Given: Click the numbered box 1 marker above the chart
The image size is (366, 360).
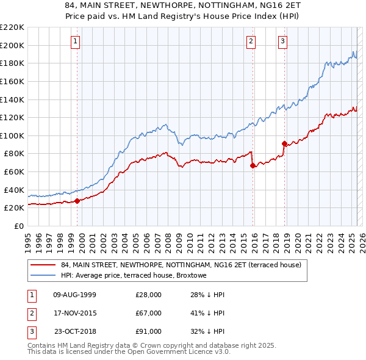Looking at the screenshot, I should point(75,41).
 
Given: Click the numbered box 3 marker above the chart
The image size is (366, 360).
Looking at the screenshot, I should point(283,41).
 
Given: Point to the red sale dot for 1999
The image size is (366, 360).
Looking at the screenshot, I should point(77,201).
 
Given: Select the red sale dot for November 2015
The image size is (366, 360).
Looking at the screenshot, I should point(253,165).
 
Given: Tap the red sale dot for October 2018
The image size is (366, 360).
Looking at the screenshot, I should point(284,144).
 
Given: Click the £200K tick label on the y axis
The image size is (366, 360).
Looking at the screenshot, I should point(12,45).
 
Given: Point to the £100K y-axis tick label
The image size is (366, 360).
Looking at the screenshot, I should point(12,135).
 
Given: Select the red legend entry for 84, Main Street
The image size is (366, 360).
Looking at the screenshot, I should point(181,265).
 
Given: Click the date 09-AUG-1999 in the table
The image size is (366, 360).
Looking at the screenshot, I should point(75,295).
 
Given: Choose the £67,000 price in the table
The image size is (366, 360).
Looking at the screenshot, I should point(148,313).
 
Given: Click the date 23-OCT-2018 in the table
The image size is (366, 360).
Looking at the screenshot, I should point(75,331).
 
